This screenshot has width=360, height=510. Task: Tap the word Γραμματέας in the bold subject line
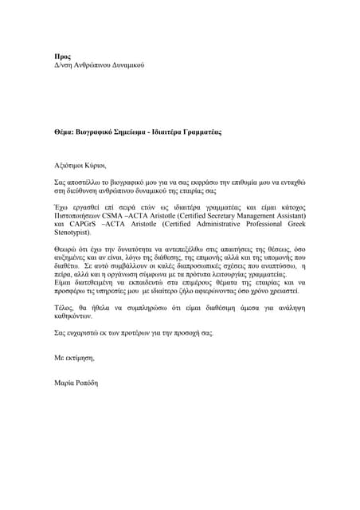pyautogui.click(x=197, y=130)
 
